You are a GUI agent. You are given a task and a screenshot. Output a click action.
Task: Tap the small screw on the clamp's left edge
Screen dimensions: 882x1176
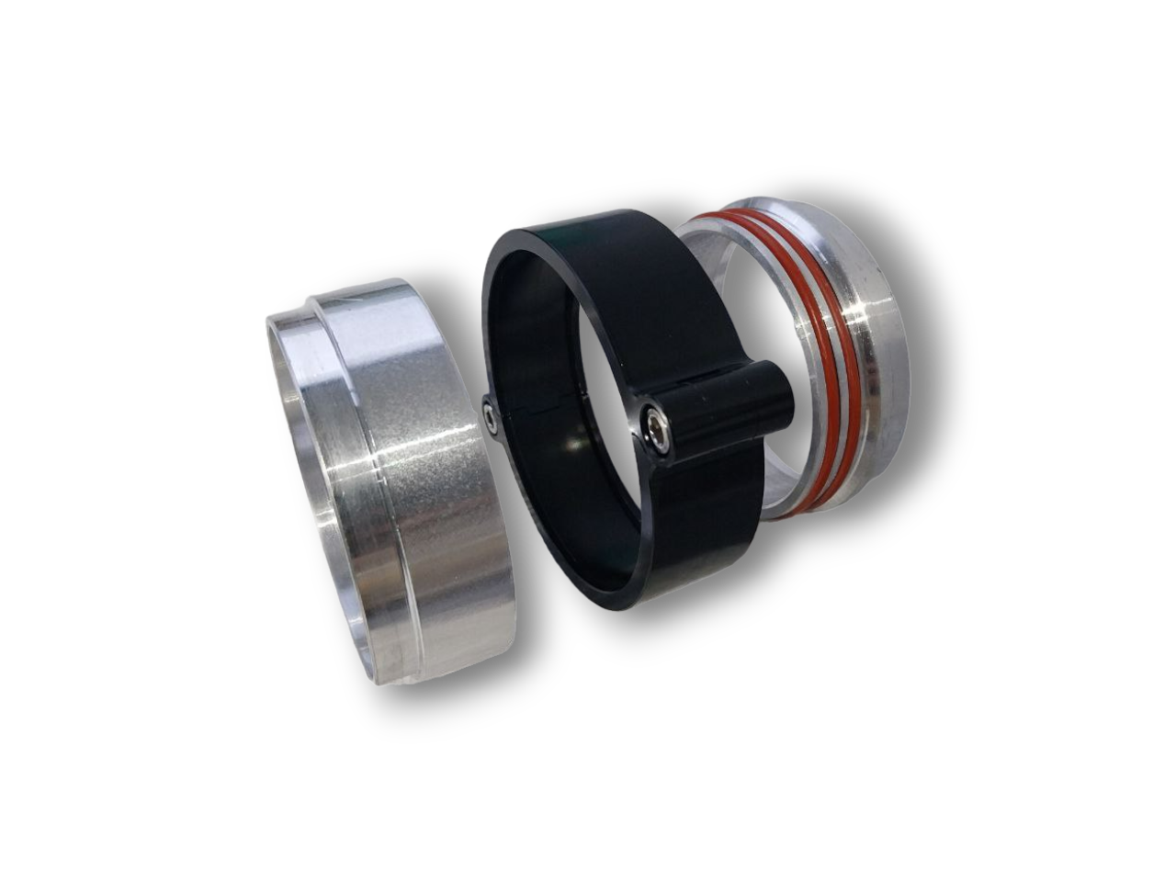tap(492, 419)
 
